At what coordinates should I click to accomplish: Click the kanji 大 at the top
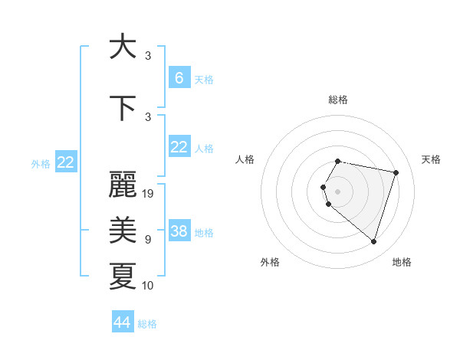tap(123, 47)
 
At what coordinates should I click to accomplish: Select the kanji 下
tap(123, 108)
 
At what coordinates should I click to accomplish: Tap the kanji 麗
tap(123, 186)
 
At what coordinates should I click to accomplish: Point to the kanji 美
tap(123, 230)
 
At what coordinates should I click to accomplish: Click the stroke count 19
tap(149, 194)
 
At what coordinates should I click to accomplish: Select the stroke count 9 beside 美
tap(148, 240)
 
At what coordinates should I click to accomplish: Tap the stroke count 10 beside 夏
tap(149, 286)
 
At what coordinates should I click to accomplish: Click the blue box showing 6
tap(179, 77)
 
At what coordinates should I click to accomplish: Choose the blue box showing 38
tap(179, 231)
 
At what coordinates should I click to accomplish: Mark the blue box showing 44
tap(123, 322)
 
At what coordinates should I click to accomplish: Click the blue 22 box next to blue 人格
tap(179, 147)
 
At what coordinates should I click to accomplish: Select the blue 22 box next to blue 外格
tap(66, 162)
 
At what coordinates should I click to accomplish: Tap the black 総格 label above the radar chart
tap(337, 100)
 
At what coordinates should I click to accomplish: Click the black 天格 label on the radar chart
tap(432, 159)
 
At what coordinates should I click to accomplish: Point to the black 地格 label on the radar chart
tap(402, 262)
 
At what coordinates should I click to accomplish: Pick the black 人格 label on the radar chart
tap(245, 159)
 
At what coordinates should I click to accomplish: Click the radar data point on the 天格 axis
tap(396, 172)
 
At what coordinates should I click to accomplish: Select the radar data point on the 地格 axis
tap(373, 241)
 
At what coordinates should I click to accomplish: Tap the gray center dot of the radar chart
tap(337, 190)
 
